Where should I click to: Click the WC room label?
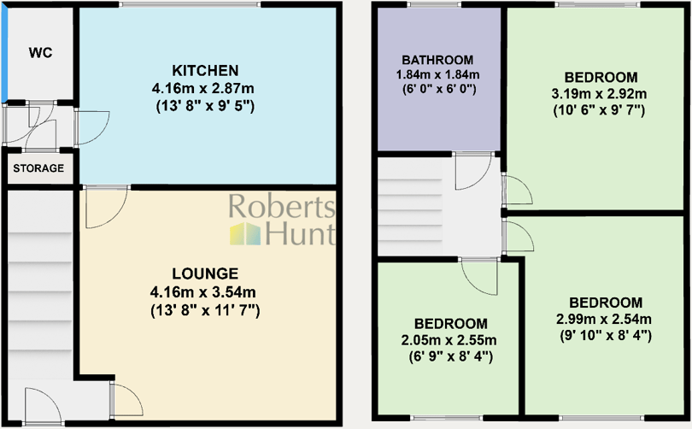(40, 53)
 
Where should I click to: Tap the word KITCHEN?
(204, 70)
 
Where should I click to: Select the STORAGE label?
(38, 168)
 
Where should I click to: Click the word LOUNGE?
(204, 274)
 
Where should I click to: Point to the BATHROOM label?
(437, 60)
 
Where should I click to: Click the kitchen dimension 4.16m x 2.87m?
(204, 88)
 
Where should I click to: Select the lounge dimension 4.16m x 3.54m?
(204, 293)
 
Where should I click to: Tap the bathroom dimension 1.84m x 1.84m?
(437, 74)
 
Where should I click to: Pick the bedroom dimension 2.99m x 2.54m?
(605, 320)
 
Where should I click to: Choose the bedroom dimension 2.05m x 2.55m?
(451, 340)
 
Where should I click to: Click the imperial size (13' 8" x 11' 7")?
(204, 311)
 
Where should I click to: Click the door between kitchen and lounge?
(106, 206)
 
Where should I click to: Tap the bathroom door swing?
(472, 171)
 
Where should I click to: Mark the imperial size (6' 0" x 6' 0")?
(437, 88)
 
